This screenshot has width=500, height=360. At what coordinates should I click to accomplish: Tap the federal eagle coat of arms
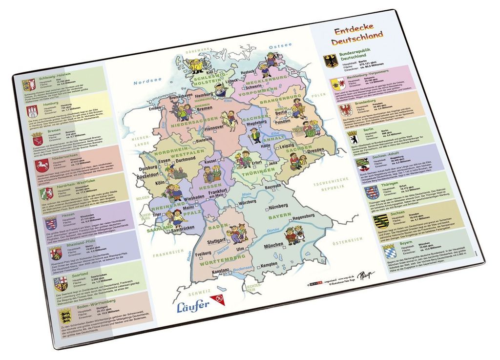pos(331,61)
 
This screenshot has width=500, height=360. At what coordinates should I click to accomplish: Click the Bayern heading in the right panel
pos(392,242)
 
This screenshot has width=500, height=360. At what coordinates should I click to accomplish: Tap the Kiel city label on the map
pos(210,72)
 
